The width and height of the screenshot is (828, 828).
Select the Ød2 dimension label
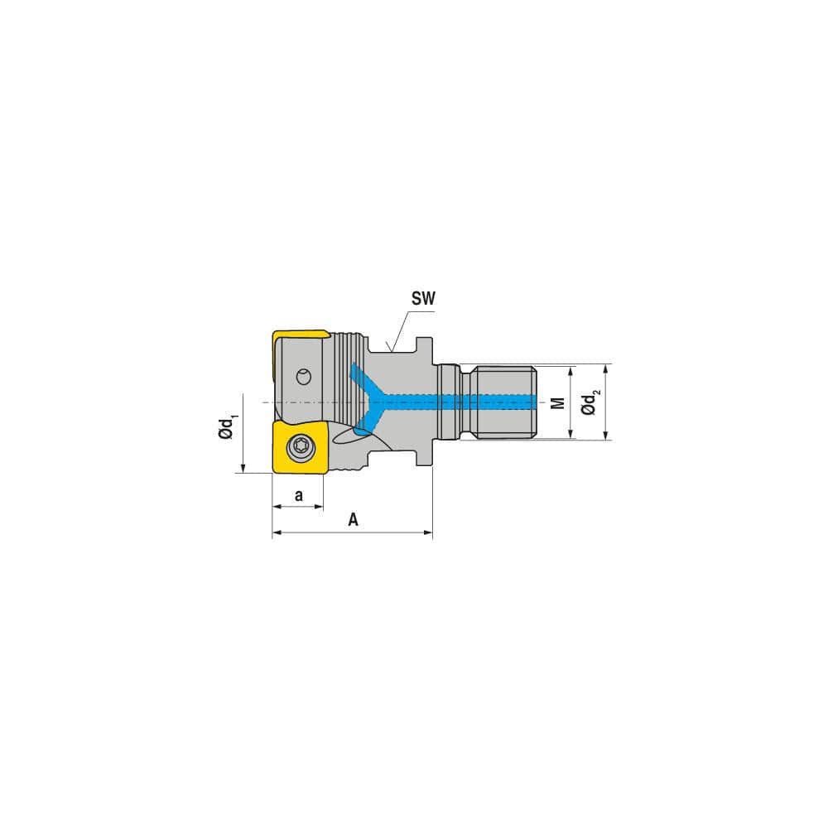pyautogui.click(x=590, y=402)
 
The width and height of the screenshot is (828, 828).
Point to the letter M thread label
pyautogui.click(x=558, y=402)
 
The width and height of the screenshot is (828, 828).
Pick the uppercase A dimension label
pyautogui.click(x=353, y=520)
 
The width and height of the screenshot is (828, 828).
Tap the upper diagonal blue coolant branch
pyautogui.click(x=363, y=380)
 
